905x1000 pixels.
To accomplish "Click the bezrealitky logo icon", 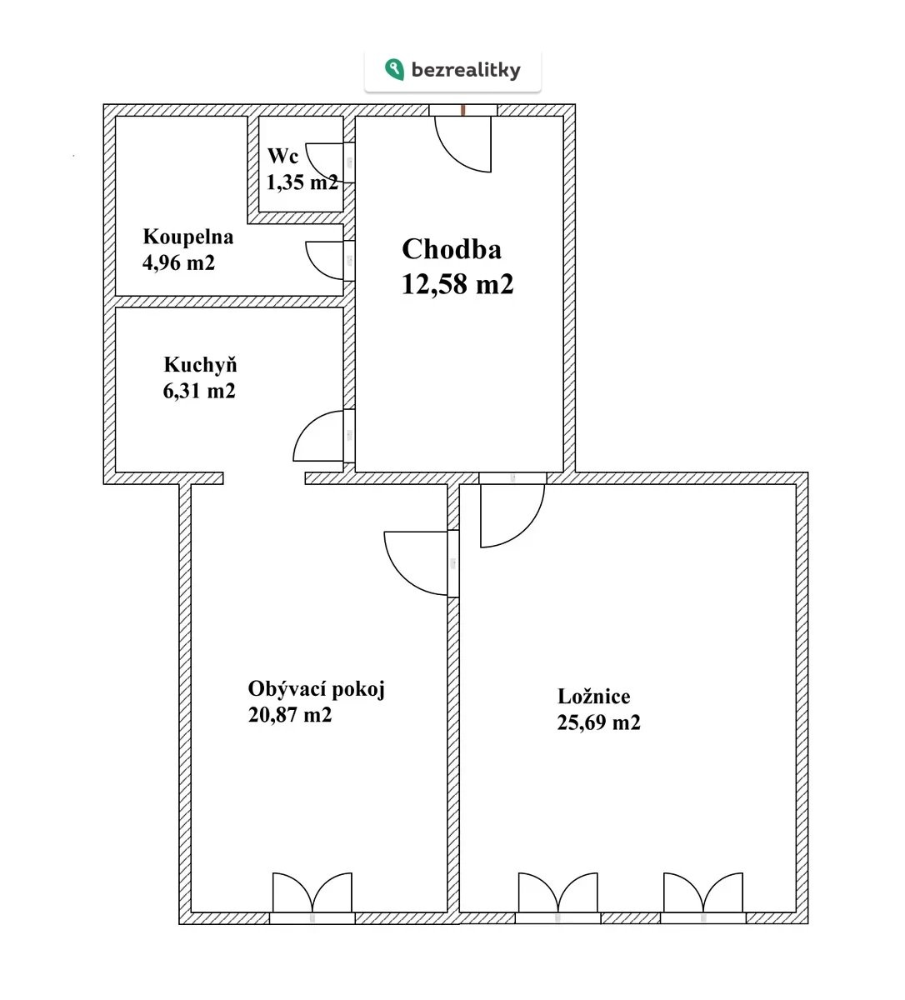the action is (394, 70).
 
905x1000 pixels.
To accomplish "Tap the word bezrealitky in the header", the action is (466, 70).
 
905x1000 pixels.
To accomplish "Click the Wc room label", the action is (282, 156).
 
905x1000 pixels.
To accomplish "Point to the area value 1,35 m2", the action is (302, 182).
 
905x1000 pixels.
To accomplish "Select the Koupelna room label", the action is (188, 237).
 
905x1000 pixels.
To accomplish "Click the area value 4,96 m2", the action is (178, 262).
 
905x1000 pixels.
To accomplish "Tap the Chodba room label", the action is (452, 249).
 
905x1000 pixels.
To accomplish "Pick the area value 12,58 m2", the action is (457, 284).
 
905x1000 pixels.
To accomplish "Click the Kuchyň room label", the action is (200, 364).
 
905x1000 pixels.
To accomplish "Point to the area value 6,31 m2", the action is (199, 391).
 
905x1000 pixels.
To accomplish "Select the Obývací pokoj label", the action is (316, 690).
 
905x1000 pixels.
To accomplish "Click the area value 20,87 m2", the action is (290, 715).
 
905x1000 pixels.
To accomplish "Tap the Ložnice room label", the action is (593, 697).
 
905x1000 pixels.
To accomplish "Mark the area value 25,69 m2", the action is (598, 722).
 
